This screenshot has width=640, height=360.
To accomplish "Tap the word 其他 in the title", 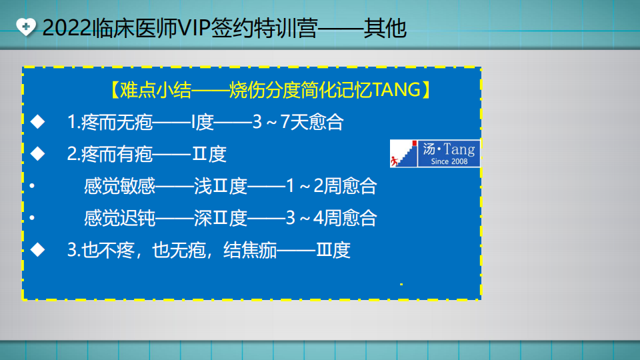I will click(x=385, y=29).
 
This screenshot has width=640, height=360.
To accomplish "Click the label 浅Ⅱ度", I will click(x=220, y=186).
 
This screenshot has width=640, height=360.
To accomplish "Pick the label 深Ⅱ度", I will click(x=220, y=218).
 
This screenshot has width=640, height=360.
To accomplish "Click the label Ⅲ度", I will click(x=333, y=251).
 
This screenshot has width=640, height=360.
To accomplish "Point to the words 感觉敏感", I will click(x=119, y=186).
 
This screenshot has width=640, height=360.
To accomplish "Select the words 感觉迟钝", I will click(x=119, y=218).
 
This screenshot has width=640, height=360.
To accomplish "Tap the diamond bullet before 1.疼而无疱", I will click(x=38, y=122).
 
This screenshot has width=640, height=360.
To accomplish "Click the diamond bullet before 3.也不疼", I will click(x=38, y=250).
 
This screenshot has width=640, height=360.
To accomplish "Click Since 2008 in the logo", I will click(x=449, y=161).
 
